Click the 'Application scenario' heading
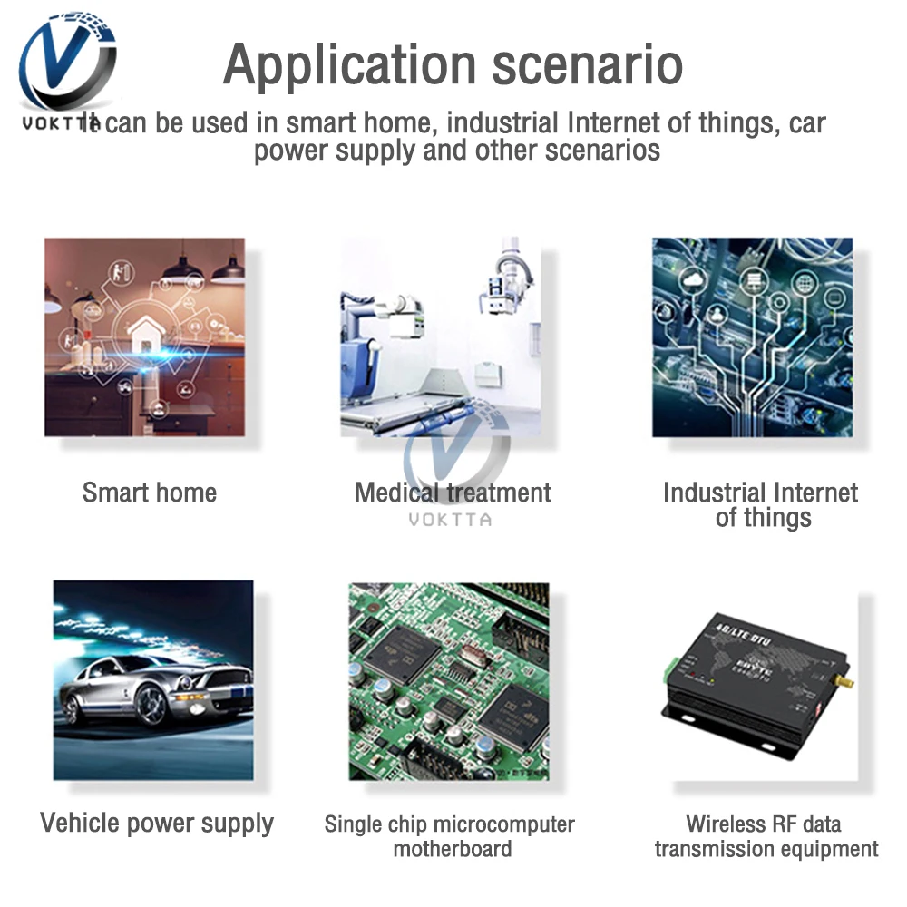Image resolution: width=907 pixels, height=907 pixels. [453, 64]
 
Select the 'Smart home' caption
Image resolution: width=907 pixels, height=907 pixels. [150, 493]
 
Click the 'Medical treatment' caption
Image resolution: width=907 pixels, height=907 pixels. [453, 493]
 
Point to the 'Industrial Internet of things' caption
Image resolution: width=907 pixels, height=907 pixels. [760, 505]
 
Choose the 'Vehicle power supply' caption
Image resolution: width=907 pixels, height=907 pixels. [157, 824]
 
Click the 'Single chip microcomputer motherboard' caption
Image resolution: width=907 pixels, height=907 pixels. [450, 836]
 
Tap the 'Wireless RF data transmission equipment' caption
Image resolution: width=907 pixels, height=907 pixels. [766, 836]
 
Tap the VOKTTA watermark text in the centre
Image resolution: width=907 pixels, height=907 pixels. [450, 520]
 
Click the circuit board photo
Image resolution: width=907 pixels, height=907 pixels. [449, 680]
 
